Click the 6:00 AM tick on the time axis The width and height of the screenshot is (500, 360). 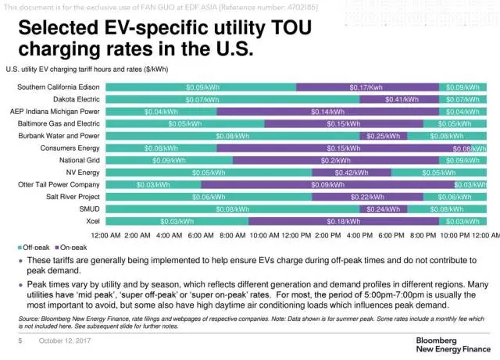pos(201,235)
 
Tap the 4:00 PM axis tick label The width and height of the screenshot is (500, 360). pos(360,235)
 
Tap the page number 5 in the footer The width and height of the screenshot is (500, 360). pos(20,341)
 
